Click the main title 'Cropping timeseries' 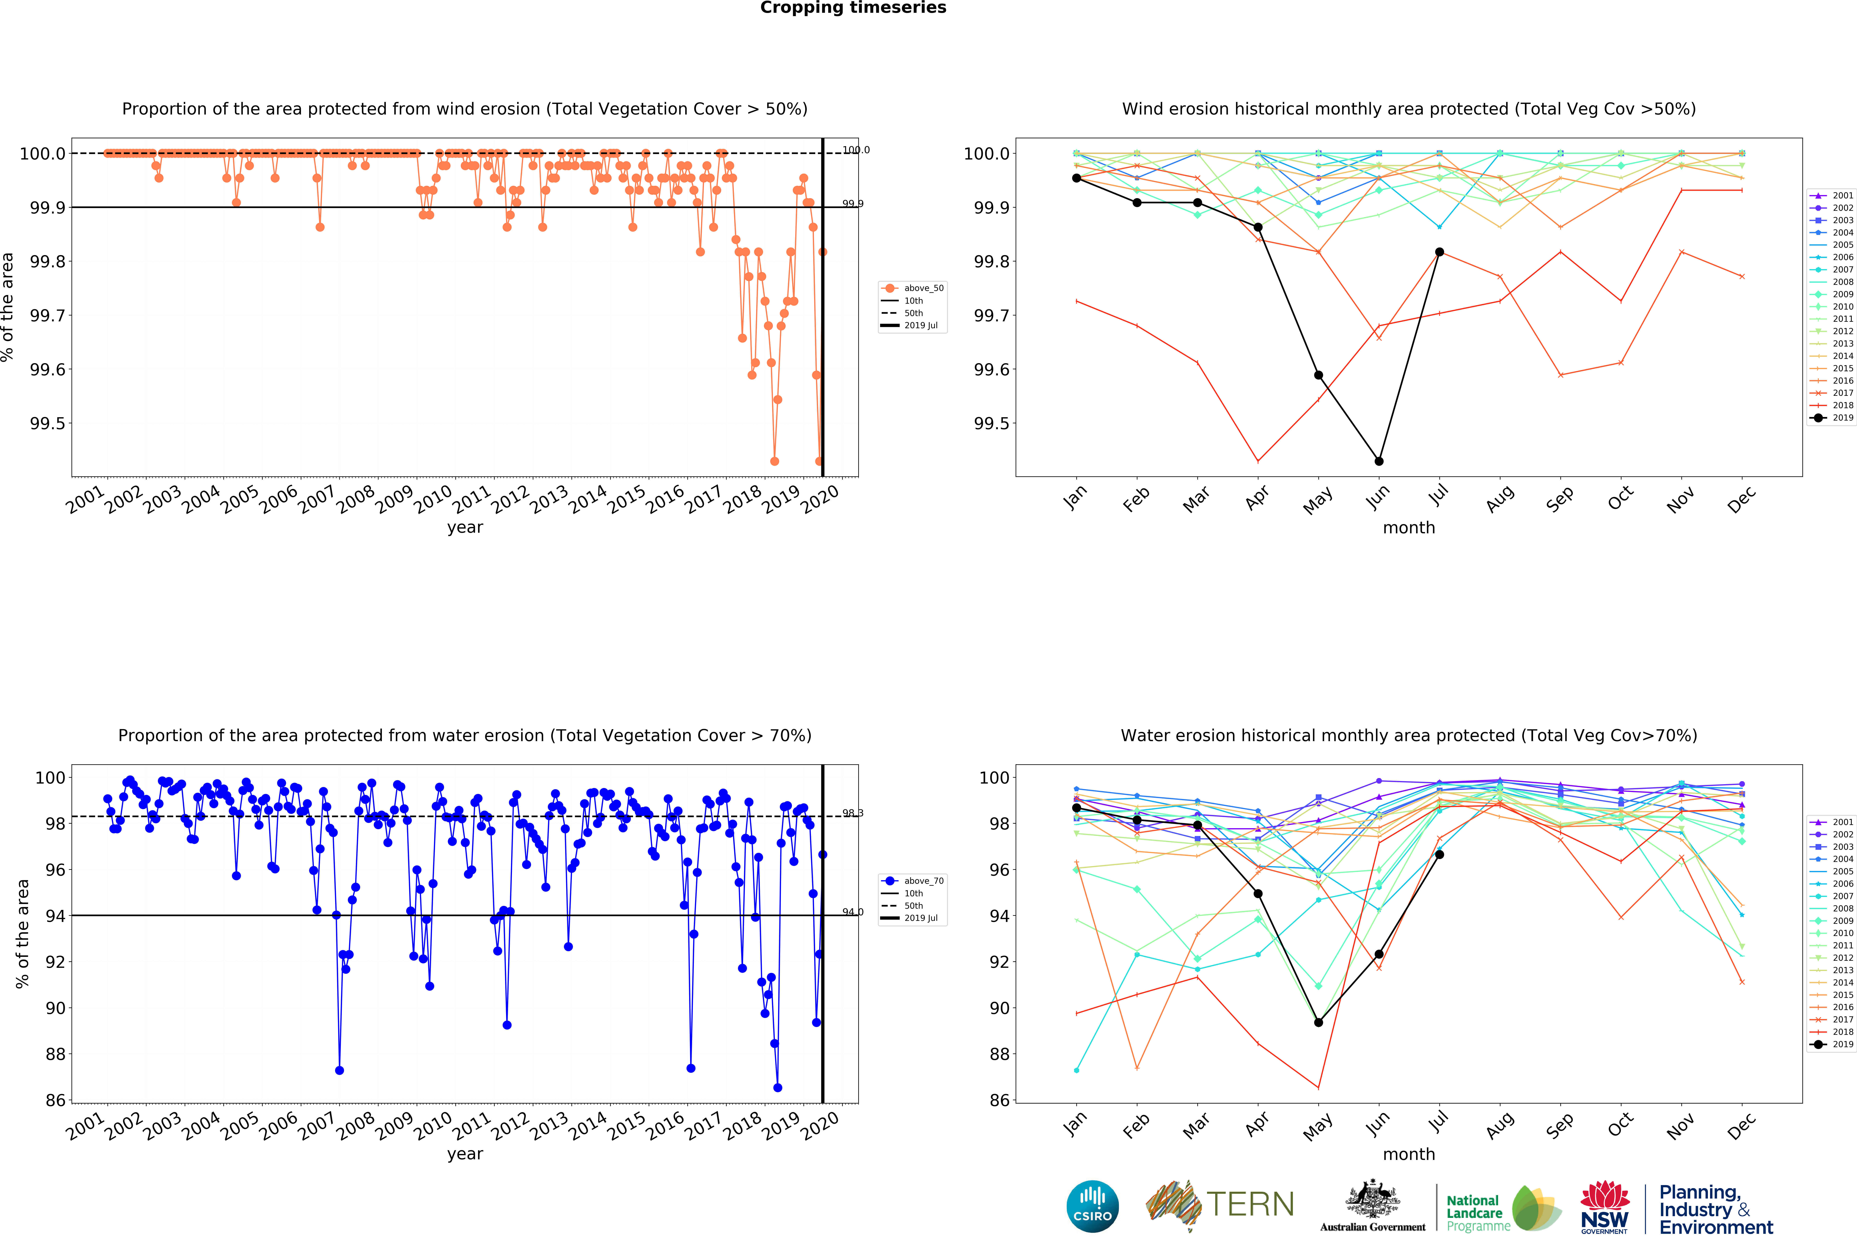(853, 8)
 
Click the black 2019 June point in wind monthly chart (1378, 461)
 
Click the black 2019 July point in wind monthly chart (1439, 252)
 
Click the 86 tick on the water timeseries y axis (55, 1100)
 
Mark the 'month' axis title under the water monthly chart (1409, 1154)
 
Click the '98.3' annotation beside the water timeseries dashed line (853, 813)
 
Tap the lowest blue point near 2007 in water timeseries (340, 1071)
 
